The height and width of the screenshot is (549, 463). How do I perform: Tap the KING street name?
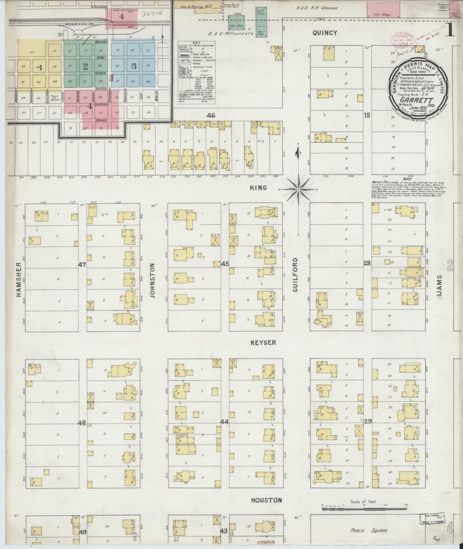click(259, 188)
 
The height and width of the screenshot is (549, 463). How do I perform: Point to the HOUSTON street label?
click(266, 500)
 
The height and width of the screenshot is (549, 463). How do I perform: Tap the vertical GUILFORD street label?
click(295, 279)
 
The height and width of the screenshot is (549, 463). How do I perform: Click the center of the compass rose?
click(298, 189)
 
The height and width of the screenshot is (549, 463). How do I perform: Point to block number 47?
click(82, 265)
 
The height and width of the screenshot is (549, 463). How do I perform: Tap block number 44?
click(224, 422)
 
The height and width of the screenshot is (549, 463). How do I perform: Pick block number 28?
click(367, 263)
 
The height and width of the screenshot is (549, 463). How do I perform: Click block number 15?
click(367, 115)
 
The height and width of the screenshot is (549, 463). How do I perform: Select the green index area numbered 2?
click(85, 66)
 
